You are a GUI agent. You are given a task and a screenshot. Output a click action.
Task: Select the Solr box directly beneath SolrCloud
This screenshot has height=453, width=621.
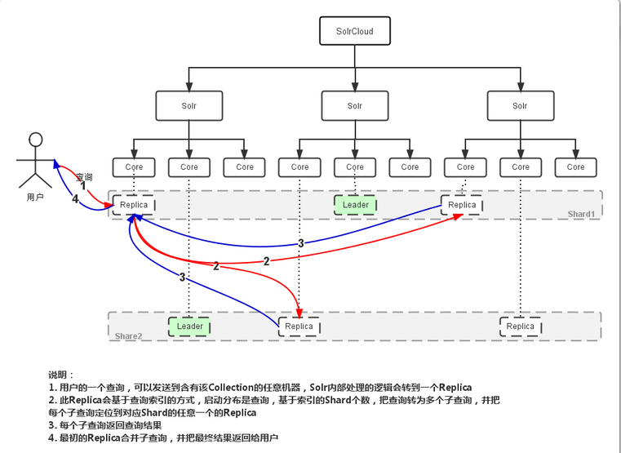(355, 106)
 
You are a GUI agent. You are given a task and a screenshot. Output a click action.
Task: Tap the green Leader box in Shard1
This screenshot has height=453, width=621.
(355, 205)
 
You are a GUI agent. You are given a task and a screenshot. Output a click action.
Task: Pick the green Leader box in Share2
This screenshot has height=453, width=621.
(189, 326)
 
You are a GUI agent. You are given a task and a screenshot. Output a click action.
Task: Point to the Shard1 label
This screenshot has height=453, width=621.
(582, 214)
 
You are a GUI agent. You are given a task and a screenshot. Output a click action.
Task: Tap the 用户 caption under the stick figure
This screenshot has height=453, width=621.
(35, 198)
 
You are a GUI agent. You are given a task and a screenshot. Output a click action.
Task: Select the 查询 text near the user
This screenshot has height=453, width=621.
(84, 176)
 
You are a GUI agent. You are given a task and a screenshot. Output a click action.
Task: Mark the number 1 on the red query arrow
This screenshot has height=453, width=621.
(82, 186)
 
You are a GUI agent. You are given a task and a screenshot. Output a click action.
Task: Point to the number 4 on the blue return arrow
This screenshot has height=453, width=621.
(75, 198)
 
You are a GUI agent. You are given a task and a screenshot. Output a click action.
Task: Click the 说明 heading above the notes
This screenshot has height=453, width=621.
(61, 374)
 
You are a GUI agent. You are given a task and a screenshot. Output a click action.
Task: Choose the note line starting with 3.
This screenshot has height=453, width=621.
(105, 425)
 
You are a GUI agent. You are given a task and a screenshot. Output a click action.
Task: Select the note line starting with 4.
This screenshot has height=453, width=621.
(163, 438)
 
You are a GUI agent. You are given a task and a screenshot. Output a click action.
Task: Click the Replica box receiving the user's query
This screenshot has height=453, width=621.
(134, 205)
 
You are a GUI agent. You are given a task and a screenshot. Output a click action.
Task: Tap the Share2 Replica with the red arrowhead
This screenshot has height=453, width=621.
(299, 326)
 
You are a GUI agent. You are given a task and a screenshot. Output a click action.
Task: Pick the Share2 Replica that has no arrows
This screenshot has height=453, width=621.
(521, 326)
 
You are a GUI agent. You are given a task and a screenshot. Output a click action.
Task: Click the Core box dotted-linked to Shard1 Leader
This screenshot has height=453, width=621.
(355, 167)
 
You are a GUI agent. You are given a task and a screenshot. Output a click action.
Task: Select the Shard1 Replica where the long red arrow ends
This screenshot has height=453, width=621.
(462, 205)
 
